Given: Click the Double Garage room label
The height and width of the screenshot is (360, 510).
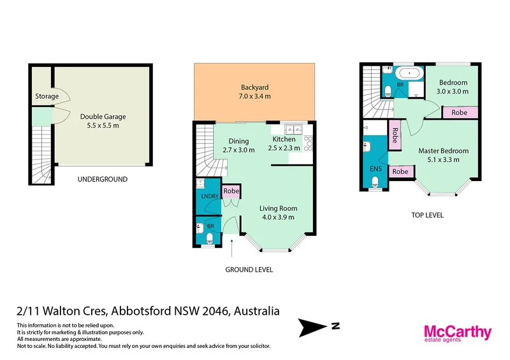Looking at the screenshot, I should (103, 117).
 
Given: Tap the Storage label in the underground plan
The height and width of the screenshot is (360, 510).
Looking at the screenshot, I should (47, 97).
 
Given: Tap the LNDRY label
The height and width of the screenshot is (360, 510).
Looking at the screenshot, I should (209, 196).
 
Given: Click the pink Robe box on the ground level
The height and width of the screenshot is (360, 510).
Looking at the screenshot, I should (231, 191).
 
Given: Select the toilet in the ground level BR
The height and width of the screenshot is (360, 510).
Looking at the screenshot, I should (210, 238).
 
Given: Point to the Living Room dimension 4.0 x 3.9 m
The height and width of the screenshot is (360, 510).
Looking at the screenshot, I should (278, 217).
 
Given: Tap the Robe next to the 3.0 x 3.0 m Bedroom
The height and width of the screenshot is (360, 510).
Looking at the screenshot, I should (459, 112).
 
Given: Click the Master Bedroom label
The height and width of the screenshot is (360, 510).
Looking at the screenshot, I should (443, 151).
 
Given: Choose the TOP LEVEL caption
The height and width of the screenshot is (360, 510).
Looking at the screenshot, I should (427, 215).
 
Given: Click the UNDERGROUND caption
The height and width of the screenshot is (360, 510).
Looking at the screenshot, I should (102, 179).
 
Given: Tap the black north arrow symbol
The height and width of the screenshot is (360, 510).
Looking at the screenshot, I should (316, 328).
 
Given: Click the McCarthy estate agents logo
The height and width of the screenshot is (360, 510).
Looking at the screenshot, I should (458, 334).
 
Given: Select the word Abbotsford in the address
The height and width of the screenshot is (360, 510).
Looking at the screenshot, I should (140, 312).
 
